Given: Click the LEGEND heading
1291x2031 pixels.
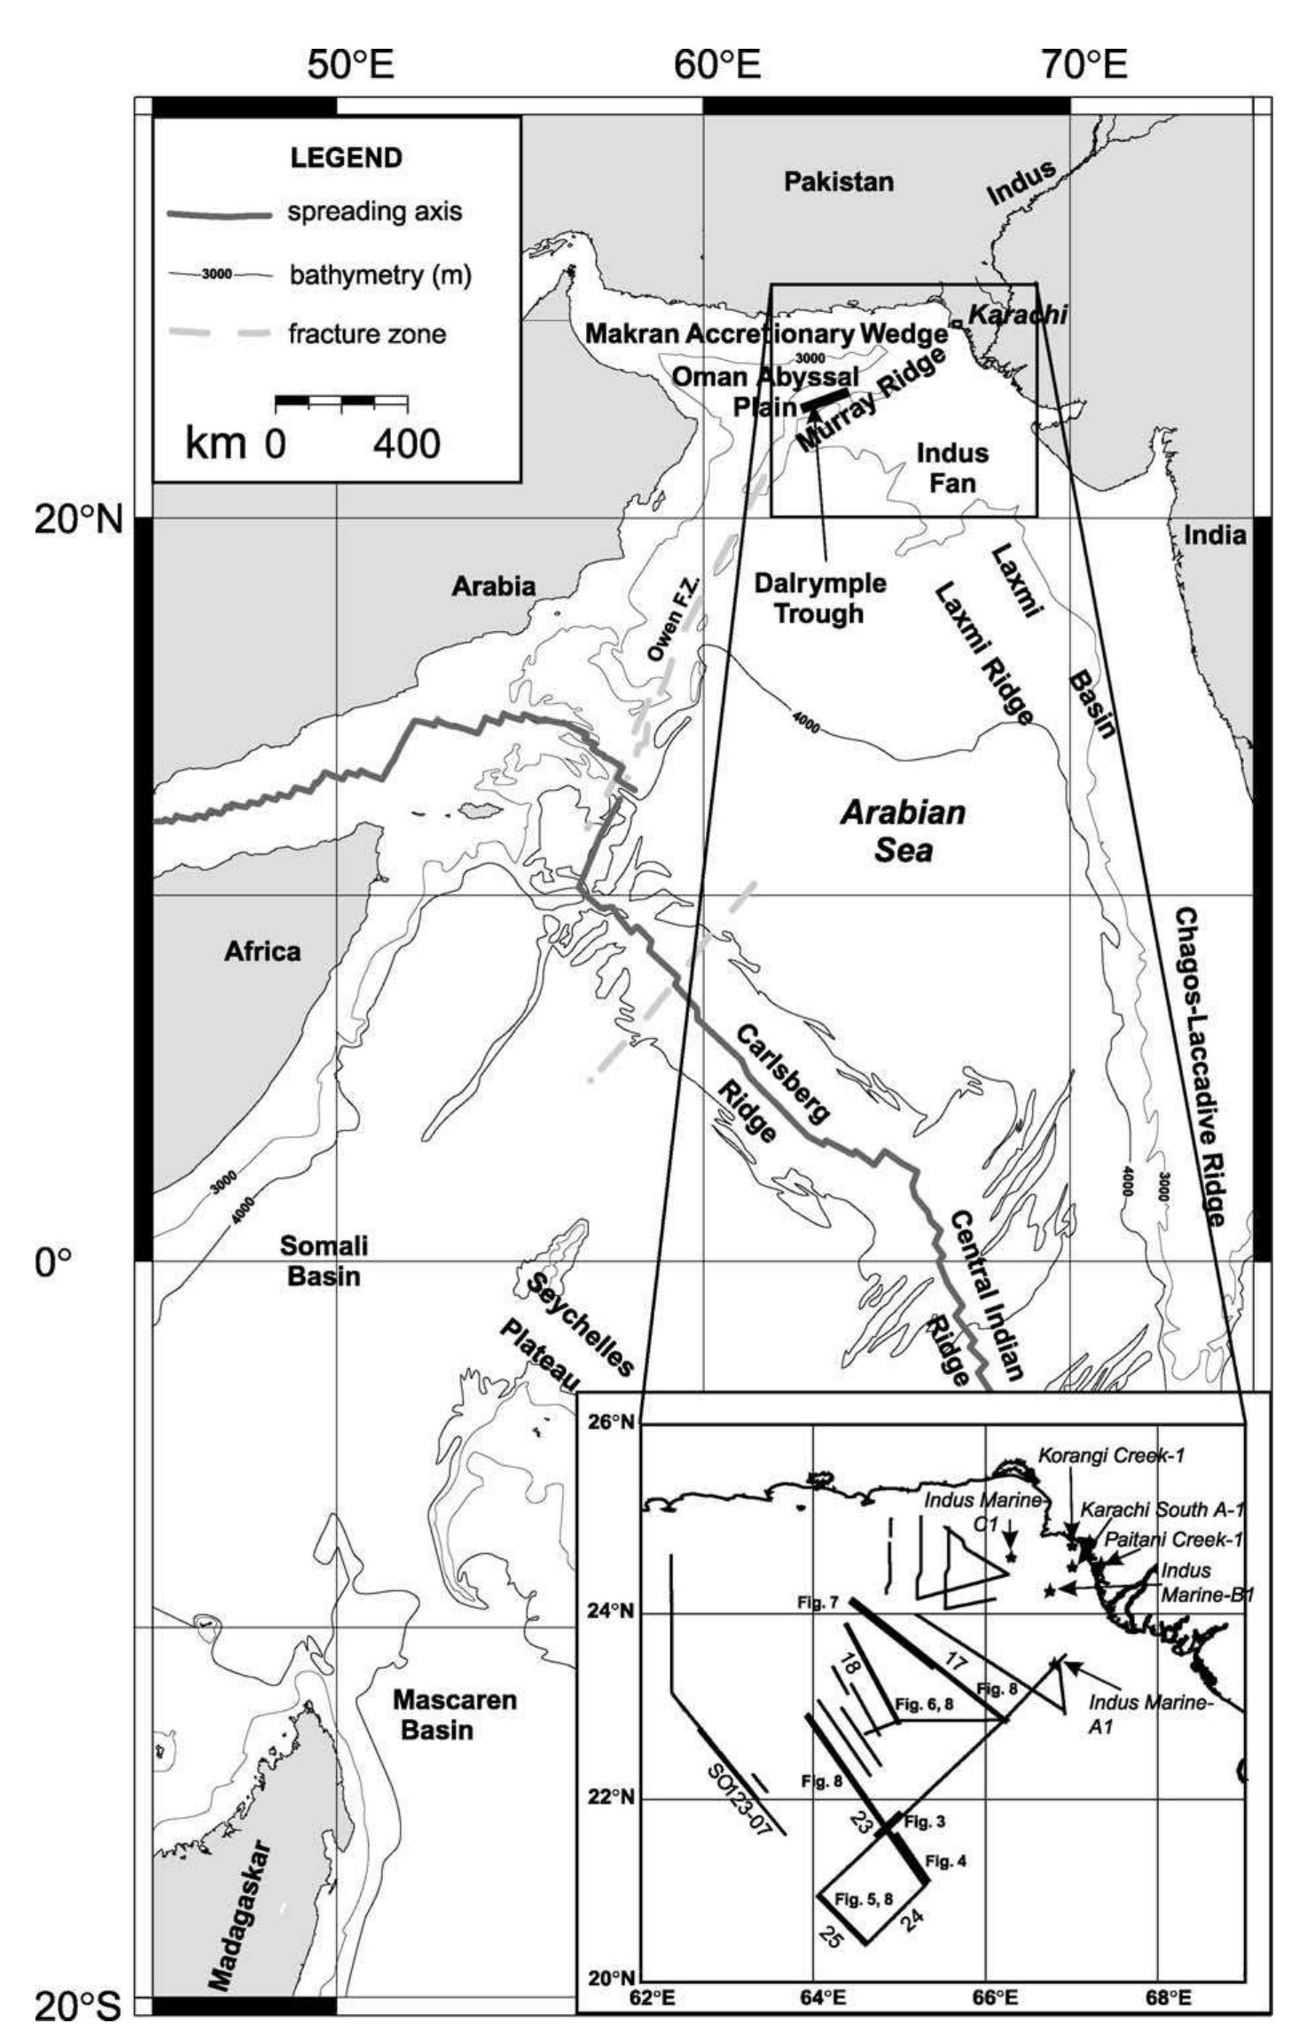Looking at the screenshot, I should [346, 158].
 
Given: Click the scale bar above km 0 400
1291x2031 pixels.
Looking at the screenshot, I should [341, 402].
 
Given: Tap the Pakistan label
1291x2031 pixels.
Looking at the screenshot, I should [839, 183].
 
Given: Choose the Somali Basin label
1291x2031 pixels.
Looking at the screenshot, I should [324, 1261].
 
